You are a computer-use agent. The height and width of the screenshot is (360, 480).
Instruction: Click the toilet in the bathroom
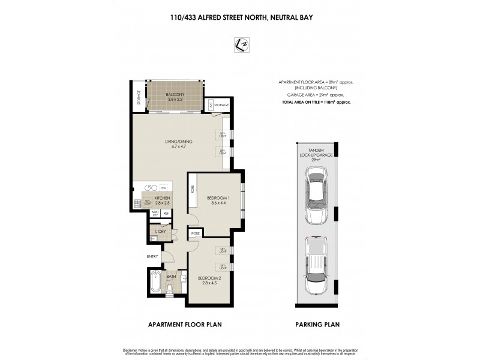[170, 290]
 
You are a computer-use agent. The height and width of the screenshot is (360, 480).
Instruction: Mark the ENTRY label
[152, 257]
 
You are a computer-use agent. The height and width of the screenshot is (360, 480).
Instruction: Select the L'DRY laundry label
[160, 232]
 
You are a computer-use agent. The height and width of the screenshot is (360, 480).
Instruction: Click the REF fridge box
[166, 213]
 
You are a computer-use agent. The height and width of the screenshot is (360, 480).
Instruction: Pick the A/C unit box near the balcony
[211, 106]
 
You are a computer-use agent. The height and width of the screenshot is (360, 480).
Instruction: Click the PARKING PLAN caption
[317, 325]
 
